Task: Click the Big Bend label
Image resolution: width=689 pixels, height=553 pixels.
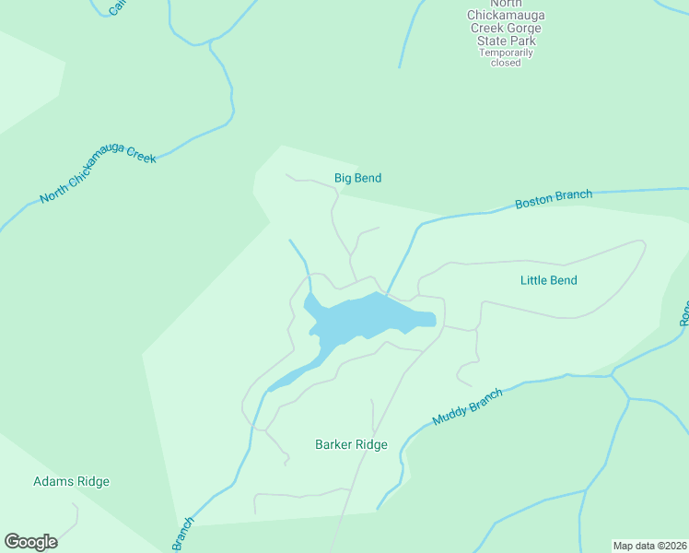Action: coord(357,178)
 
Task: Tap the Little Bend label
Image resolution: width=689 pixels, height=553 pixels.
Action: coord(548,280)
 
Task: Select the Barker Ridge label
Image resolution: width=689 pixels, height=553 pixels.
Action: coord(351,444)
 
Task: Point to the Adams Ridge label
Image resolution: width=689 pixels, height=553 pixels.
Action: coord(71,481)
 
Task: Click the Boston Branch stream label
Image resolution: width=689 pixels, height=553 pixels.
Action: coord(553,198)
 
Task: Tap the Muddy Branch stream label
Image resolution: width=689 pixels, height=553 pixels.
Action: coord(468,406)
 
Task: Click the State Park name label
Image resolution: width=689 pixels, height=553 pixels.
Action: coord(506,29)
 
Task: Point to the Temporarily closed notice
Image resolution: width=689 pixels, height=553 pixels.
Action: coord(506,57)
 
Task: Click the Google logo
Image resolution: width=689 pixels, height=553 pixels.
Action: coord(30,542)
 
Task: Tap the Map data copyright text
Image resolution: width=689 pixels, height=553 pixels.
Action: coord(649,546)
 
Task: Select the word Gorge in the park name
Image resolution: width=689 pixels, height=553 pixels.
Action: coord(522,29)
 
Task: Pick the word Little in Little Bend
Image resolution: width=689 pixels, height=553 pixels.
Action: coord(534,280)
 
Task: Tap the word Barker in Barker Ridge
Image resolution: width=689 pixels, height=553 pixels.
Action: coord(334,444)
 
